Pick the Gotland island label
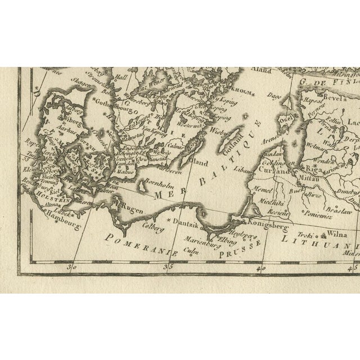pyautogui.click(x=236, y=139)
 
